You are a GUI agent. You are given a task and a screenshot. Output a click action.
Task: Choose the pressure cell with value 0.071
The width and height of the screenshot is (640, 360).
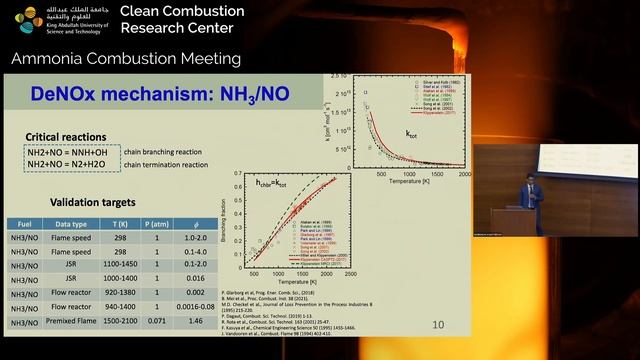click(158, 323)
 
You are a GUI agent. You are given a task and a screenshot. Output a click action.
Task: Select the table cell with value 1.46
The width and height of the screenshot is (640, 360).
click(196, 323)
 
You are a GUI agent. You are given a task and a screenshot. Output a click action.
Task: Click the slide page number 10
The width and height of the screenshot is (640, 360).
click(438, 325)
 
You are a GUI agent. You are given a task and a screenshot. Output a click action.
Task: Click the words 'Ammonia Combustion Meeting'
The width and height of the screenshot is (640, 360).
click(126, 59)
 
